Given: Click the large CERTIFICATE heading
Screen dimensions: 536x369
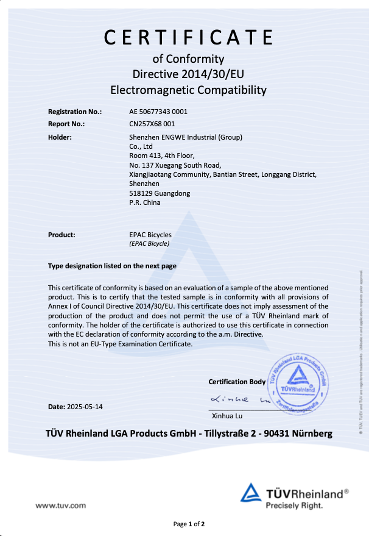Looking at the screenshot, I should [188, 37].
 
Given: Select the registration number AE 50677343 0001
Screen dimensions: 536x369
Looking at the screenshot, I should [158, 112].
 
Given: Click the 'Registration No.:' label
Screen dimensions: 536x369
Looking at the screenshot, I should [75, 112].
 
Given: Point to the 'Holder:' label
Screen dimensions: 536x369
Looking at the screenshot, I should [60, 137].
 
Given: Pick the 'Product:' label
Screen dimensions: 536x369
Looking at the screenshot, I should [61, 235].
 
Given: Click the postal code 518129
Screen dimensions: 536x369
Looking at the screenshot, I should [140, 193].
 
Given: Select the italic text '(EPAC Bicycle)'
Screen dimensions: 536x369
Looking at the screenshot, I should [149, 243].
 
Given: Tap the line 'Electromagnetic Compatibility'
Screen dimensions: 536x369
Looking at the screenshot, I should [188, 90].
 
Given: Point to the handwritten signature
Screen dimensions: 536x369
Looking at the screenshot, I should [241, 399].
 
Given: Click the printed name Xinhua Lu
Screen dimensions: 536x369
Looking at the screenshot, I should [227, 417].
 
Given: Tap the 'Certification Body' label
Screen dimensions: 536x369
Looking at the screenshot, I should [237, 382].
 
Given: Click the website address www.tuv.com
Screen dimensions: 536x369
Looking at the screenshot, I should [60, 505].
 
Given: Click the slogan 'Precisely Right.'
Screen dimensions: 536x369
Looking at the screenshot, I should [294, 506].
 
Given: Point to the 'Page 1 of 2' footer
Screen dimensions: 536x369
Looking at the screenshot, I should [189, 524].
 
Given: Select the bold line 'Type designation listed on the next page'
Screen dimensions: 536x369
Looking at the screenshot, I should [113, 266].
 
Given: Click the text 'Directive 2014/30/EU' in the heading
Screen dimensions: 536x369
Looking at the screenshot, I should [188, 74].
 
